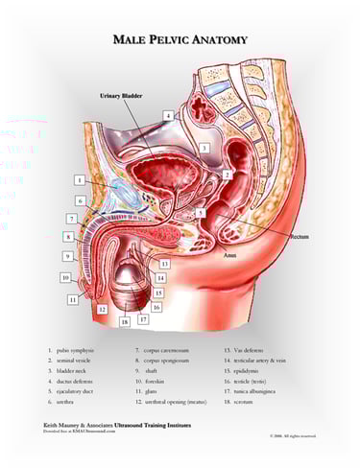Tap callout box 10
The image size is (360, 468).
pos(64,277)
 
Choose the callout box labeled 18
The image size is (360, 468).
pos(124,321)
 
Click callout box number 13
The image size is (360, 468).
pos(165,263)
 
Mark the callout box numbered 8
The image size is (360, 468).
pos(68,236)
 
